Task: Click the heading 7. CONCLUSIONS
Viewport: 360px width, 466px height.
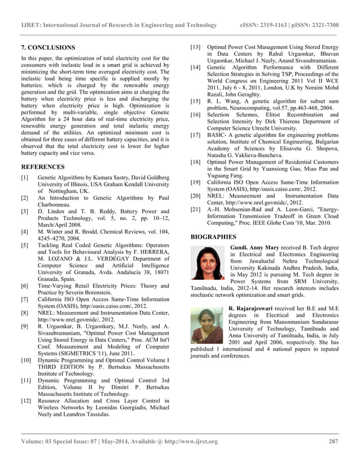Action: [48, 47]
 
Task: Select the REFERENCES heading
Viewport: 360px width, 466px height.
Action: [43, 167]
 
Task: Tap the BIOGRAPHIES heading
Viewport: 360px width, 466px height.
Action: [213, 237]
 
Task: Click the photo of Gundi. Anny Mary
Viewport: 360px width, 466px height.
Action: [208, 265]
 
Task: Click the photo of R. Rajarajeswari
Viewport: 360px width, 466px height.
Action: [207, 325]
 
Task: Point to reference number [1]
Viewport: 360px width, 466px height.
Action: [25, 177]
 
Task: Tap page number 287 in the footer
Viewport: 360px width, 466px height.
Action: [333, 441]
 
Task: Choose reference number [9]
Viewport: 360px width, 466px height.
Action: [25, 326]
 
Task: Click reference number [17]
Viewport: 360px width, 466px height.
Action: [195, 135]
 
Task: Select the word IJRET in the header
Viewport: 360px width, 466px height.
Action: [31, 25]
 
